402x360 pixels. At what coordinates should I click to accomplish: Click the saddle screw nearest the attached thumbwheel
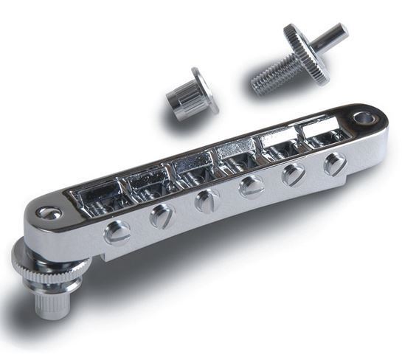117,232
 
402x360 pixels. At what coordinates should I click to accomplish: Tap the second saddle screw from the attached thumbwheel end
160,215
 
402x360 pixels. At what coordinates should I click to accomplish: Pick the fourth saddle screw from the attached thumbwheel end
252,187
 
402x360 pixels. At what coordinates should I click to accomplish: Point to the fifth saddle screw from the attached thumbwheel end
294,174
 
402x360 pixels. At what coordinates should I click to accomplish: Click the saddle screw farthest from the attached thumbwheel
334,163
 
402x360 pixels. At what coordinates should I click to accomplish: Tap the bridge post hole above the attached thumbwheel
50,213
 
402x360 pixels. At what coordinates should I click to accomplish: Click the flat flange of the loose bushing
205,89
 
